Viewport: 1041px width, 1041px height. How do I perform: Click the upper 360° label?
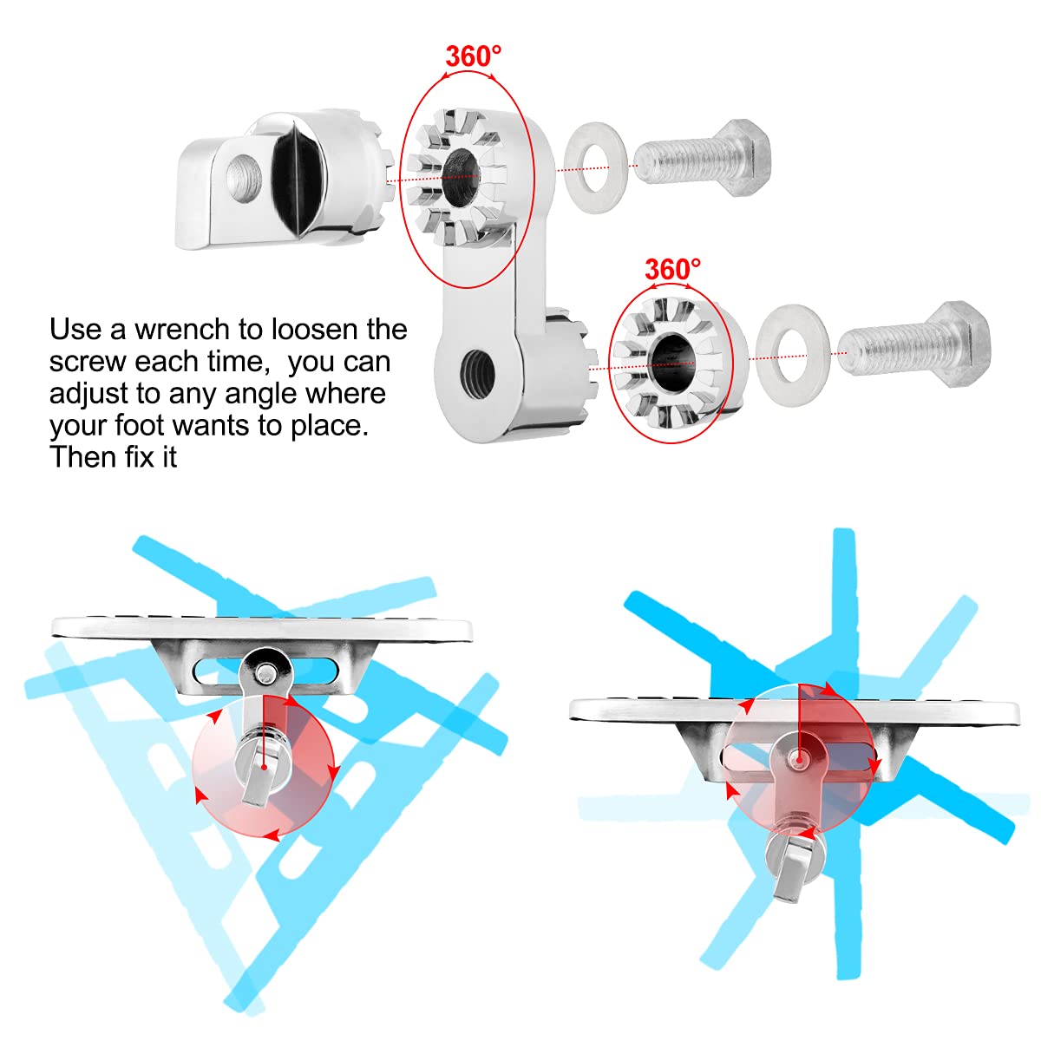[474, 56]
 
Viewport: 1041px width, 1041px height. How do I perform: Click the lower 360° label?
[672, 269]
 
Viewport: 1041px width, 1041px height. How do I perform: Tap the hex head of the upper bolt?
[745, 157]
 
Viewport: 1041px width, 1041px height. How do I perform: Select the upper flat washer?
[595, 167]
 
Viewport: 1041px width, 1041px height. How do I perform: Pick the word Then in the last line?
[83, 457]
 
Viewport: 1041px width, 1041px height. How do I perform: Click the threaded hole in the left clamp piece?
[244, 176]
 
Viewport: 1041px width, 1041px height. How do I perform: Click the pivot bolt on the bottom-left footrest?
[265, 673]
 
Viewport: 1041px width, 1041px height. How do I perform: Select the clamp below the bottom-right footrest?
[793, 861]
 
